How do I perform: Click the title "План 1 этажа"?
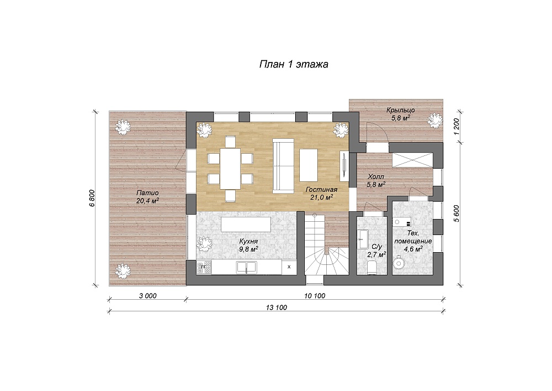pyautogui.click(x=294, y=64)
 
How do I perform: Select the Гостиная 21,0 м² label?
pyautogui.click(x=321, y=194)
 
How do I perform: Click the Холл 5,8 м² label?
pyautogui.click(x=376, y=180)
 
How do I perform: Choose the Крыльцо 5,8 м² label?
pyautogui.click(x=401, y=114)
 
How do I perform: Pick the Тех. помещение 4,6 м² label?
pyautogui.click(x=413, y=241)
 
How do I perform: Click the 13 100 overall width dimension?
pyautogui.click(x=277, y=307)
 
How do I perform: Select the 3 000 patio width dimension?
pyautogui.click(x=147, y=296)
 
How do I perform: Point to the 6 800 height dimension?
pyautogui.click(x=92, y=198)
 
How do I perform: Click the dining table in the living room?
pyautogui.click(x=230, y=169)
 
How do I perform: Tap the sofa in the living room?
pyautogui.click(x=283, y=166)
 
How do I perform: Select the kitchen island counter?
pyautogui.click(x=246, y=225)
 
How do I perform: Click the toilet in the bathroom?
pyautogui.click(x=371, y=267)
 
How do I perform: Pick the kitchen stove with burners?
pyautogui.click(x=204, y=267)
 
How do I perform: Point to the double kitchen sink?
pyautogui.click(x=247, y=267)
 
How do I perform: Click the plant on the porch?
pyautogui.click(x=435, y=120)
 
